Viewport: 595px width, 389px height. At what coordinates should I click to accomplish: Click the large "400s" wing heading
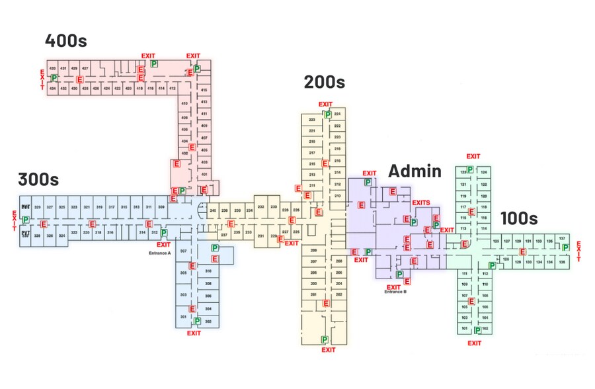(66, 41)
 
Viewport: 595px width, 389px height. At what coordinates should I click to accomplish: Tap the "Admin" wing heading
(415, 171)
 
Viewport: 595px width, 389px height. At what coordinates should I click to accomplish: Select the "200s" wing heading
(324, 83)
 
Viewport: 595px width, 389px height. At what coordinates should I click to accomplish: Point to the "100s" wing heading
(519, 218)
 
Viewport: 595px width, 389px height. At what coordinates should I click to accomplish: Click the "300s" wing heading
(38, 179)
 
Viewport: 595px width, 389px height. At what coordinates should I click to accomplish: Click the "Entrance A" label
(159, 253)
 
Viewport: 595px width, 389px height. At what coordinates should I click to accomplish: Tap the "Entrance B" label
(395, 292)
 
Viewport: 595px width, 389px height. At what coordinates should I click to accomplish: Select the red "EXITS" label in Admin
(421, 203)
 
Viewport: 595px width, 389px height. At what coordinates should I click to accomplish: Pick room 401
(204, 175)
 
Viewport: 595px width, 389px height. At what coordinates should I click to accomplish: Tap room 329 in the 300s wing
(38, 208)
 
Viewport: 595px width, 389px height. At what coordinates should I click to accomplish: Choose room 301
(183, 317)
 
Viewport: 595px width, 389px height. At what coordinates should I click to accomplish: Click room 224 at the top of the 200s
(337, 114)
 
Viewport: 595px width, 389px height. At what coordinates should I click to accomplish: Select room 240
(213, 210)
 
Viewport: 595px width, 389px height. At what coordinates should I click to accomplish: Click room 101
(464, 328)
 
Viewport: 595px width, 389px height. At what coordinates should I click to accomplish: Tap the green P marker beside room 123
(470, 170)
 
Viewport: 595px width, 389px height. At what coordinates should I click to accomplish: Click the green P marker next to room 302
(197, 321)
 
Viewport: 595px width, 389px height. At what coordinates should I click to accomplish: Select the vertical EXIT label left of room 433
(43, 79)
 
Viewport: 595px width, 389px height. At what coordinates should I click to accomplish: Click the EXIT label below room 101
(474, 343)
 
